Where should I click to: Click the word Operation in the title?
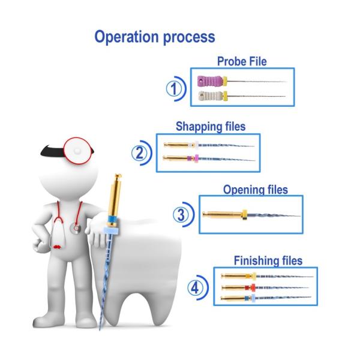(124, 37)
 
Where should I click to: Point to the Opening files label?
(255, 190)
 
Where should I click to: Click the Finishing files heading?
(268, 261)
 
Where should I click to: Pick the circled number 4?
(195, 288)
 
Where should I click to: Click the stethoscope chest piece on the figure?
(74, 229)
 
